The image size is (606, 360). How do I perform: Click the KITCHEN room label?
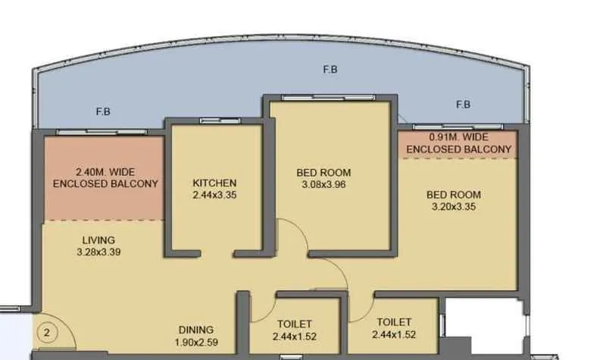214,183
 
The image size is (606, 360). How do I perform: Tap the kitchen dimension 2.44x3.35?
214,195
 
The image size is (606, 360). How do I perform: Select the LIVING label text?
99,240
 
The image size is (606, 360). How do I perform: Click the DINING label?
195,330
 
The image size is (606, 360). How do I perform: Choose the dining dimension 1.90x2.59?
196,342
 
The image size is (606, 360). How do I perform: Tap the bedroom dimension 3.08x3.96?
323,184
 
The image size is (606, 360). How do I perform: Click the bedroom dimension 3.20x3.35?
456,206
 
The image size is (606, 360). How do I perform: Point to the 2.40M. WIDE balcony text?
106,172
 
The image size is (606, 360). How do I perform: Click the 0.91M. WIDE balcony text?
459,138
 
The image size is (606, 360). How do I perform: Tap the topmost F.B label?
330,70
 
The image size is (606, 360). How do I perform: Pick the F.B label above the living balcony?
104,112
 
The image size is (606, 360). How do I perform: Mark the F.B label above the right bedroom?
463,105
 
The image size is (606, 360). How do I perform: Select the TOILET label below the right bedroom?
392,322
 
